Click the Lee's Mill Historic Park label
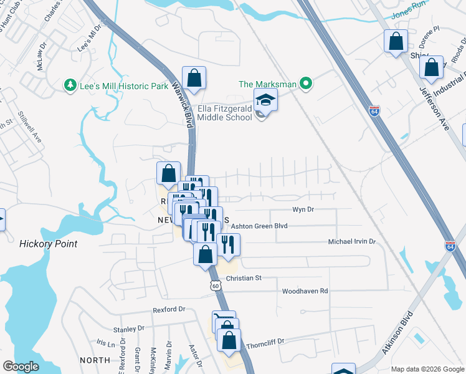pos(124,86)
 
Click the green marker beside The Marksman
pos(305,83)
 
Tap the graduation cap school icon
pos(265,100)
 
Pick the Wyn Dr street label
pos(303,211)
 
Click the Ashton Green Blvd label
pos(261,226)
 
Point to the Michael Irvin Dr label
pos(352,241)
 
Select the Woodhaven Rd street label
pos(305,291)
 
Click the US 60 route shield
pos(216,285)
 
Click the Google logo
pos(21,367)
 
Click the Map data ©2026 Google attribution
pos(427,368)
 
